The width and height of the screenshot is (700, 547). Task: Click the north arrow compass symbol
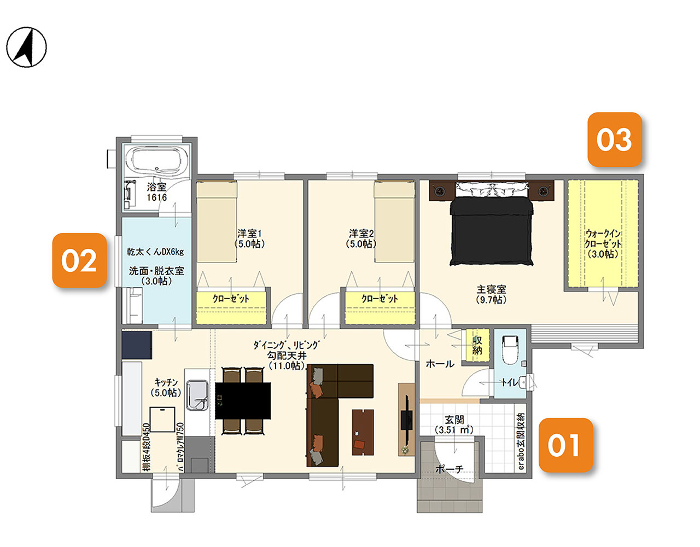[x=26, y=47]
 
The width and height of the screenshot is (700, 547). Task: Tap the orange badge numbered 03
[x=615, y=139]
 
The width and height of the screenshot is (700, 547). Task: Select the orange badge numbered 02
[x=79, y=260]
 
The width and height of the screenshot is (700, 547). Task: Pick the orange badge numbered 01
[x=565, y=445]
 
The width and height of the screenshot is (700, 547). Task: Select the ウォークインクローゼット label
[x=603, y=243]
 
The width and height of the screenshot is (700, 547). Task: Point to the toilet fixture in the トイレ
[x=511, y=350]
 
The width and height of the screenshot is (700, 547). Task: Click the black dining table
[x=243, y=401]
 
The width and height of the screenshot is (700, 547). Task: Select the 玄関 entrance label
[x=454, y=420]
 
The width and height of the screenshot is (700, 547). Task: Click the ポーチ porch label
[x=450, y=469]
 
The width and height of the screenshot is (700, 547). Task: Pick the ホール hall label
[x=440, y=364]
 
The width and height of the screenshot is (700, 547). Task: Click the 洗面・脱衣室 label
[x=156, y=271]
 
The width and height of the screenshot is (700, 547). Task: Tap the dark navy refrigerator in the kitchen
[x=137, y=345]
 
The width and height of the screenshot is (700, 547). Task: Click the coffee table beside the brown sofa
[x=363, y=432]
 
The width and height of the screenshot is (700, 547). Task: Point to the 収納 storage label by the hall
[x=477, y=345]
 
